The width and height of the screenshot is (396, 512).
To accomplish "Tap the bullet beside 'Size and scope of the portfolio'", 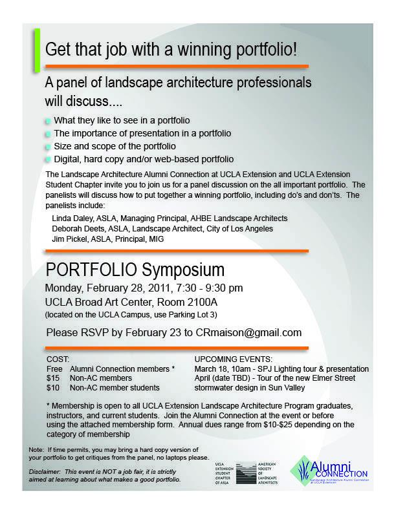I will coord(48,146).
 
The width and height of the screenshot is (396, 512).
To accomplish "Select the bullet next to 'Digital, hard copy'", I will coord(48,159).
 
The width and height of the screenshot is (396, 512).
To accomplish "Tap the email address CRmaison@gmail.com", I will coord(251,333).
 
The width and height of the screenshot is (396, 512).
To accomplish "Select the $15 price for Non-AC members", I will coord(53,378).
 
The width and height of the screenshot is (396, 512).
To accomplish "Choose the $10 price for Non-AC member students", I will coord(53,388).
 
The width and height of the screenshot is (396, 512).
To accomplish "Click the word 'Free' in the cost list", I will coord(54,368).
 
